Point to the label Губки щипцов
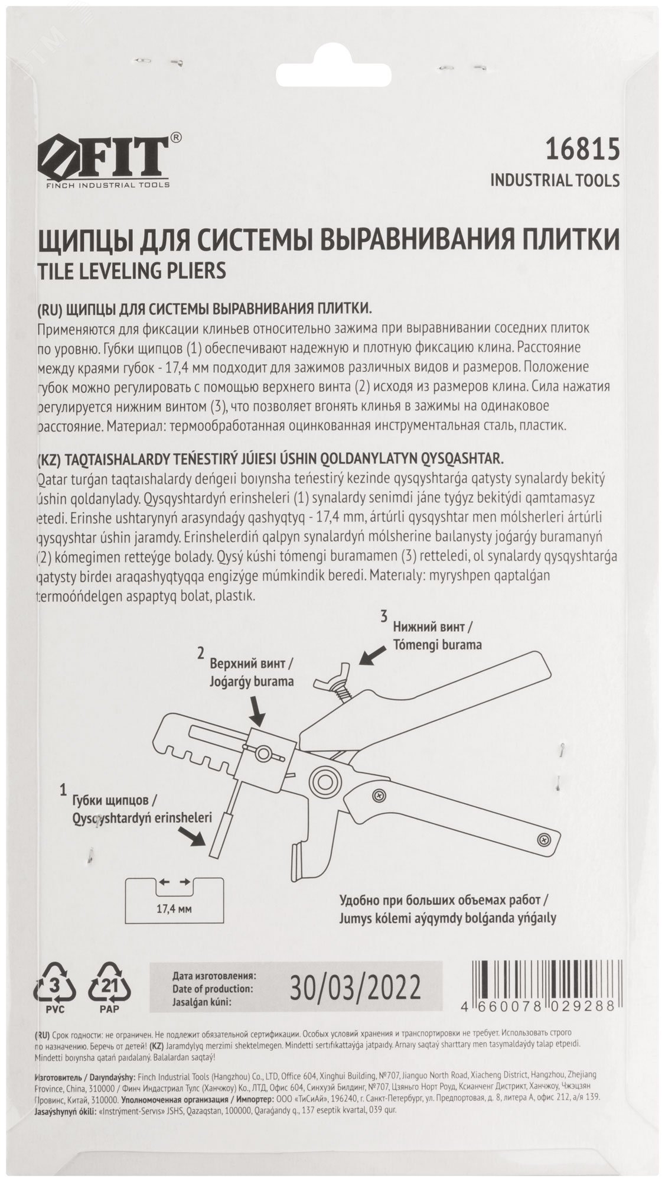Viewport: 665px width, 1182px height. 114,801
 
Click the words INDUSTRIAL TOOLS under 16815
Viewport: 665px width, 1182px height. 555,180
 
